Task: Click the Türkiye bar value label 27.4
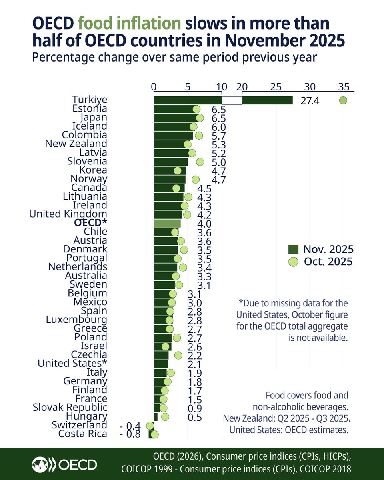pos(310,101)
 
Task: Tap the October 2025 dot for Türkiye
pos(343,100)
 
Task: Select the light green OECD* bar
pos(167,223)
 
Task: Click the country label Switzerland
pos(79,425)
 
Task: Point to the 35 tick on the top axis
pos(344,86)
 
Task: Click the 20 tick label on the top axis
pos(242,86)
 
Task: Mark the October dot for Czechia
pos(178,355)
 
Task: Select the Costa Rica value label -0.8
pos(130,434)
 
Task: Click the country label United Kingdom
pos(68,214)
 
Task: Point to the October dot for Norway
pos(196,179)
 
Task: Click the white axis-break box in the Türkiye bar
pos(232,100)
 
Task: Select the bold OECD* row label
pos(91,223)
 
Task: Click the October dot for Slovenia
pos(200,162)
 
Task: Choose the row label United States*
pos(72,364)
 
